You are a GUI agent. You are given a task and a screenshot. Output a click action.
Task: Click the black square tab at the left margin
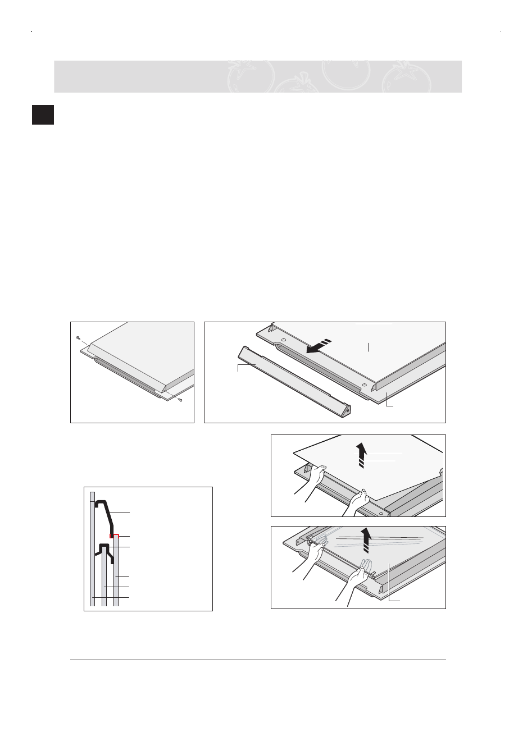tap(43, 114)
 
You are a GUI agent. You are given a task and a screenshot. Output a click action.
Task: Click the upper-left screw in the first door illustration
tap(78, 338)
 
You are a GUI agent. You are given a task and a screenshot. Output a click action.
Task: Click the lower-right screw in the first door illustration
tap(179, 400)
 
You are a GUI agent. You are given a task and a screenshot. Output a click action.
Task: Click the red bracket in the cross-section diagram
tap(115, 536)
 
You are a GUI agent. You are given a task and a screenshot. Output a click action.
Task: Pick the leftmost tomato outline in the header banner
tap(250, 76)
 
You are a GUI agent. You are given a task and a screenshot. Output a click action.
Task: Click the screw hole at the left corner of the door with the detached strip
tap(283, 340)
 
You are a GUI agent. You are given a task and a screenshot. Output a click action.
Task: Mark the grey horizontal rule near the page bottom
tap(258, 660)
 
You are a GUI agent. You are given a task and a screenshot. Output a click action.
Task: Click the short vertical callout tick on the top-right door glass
tap(368, 346)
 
